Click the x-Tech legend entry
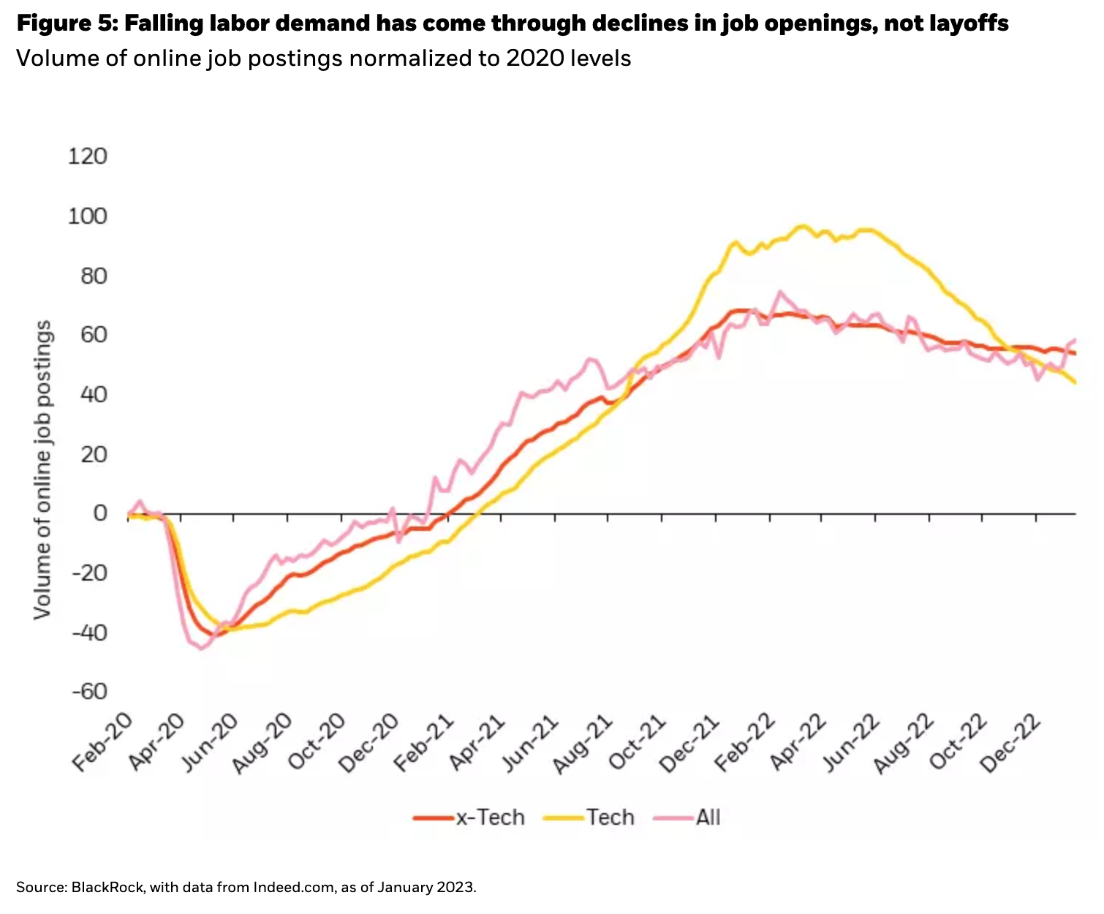[489, 817]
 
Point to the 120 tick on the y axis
[87, 156]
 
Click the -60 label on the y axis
[88, 692]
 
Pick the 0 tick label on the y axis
[99, 513]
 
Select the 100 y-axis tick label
[87, 216]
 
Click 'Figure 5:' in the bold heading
[67, 24]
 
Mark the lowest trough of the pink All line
[202, 649]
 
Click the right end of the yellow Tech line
[1075, 382]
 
